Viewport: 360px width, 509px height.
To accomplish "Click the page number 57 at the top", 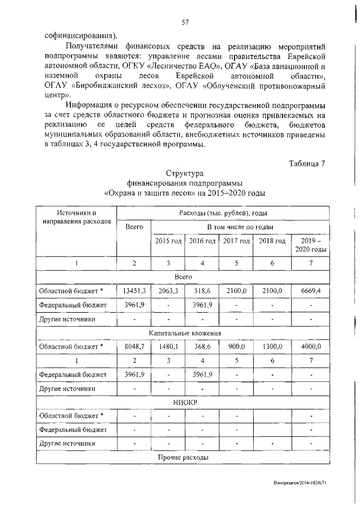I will (x=184, y=22).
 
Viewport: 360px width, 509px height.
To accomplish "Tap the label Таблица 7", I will (x=307, y=164).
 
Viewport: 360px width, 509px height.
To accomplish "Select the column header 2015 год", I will (x=168, y=241).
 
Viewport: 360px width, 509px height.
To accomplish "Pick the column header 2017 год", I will (x=236, y=241).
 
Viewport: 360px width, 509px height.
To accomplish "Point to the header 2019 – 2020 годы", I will (x=310, y=245).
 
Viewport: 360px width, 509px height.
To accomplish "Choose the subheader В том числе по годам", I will (x=240, y=227).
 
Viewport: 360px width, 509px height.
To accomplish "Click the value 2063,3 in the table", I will (x=168, y=290).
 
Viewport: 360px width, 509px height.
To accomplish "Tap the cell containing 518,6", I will (x=202, y=290).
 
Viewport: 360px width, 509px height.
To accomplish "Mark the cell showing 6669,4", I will (x=310, y=290).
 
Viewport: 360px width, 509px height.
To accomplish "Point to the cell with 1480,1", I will (x=168, y=346).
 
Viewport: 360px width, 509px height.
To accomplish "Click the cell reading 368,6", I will (x=202, y=346).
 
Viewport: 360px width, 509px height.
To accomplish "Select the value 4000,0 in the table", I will (x=310, y=346).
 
